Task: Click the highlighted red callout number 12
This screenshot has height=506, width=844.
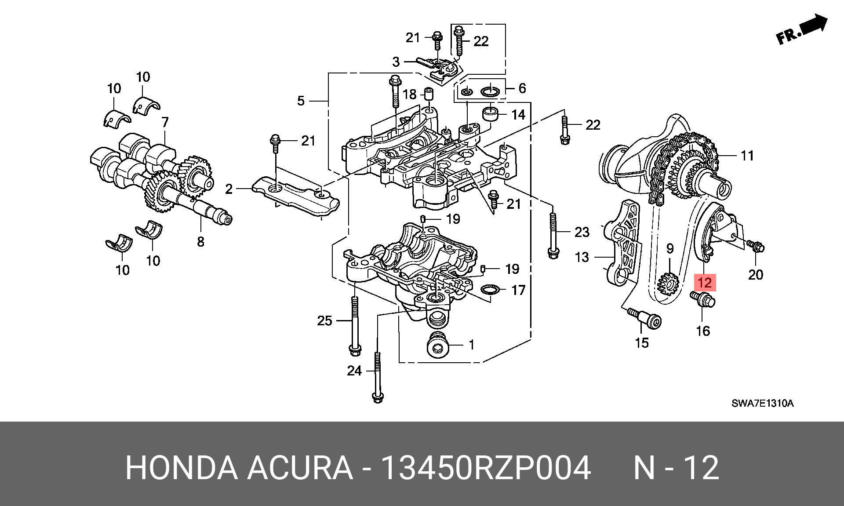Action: click(705, 282)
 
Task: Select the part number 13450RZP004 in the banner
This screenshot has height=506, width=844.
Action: click(486, 468)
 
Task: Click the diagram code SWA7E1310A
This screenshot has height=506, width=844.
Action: click(763, 404)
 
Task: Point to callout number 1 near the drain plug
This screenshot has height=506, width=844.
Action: click(471, 345)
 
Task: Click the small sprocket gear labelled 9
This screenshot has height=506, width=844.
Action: click(668, 284)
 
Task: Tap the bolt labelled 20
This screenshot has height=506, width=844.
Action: click(756, 246)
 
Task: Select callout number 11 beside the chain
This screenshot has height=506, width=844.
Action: click(747, 156)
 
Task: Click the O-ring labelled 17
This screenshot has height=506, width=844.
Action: click(491, 290)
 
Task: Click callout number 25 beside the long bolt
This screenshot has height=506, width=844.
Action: click(324, 320)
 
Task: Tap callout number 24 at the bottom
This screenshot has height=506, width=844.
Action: click(354, 371)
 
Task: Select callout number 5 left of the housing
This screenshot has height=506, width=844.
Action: click(301, 101)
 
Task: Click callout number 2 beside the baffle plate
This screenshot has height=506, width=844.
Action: click(229, 189)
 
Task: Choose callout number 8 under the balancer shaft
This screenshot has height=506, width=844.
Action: click(200, 241)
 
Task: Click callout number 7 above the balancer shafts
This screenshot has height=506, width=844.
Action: click(165, 122)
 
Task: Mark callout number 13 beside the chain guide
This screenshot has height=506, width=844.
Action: click(582, 257)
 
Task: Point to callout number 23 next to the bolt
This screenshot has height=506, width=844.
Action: click(582, 232)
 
